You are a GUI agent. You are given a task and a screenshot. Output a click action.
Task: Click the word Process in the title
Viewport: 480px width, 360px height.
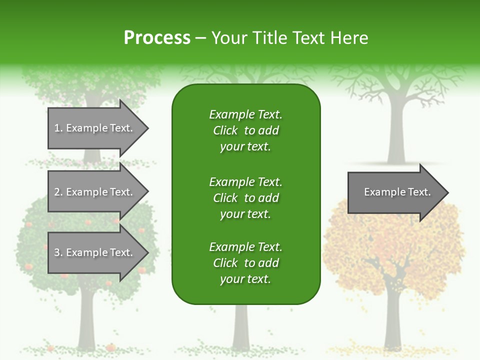157,38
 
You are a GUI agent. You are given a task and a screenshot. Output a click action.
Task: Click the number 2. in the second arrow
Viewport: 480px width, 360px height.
58,192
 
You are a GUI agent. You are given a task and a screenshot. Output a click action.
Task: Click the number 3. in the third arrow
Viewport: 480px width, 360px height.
58,252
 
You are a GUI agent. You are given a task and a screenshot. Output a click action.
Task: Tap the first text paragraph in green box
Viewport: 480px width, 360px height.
245,130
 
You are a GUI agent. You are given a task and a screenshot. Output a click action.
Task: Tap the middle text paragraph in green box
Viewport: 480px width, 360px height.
245,198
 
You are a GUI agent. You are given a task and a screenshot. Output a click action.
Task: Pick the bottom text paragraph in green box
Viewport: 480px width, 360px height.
245,263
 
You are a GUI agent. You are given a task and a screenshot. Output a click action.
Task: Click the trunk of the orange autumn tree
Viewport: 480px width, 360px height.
392,320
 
